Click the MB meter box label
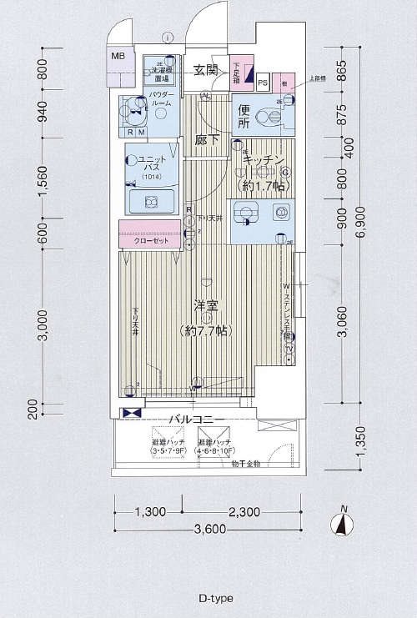pos(118,57)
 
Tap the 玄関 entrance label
pos(207,70)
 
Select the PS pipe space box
pos(263,83)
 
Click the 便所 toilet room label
pos(244,117)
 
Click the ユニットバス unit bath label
pos(152,163)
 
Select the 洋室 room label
pos(206,307)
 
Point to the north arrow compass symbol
pos(341,523)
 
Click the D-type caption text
pos(215,598)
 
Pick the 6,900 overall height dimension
pos(359,233)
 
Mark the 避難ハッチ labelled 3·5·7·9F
pos(168,447)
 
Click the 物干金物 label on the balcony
pos(244,463)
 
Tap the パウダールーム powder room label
pos(162,99)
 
